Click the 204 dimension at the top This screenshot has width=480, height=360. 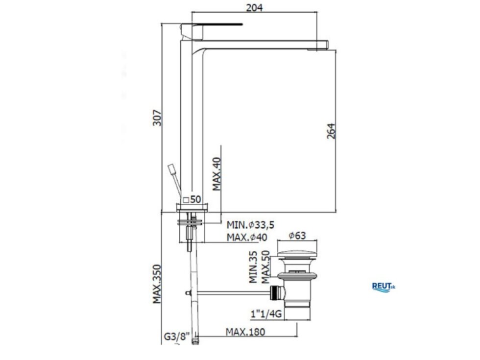click(254, 7)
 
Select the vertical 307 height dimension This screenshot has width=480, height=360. click(157, 118)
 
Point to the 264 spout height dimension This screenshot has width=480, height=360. click(331, 131)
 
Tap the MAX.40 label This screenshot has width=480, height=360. click(216, 174)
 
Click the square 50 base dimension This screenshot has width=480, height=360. click(192, 200)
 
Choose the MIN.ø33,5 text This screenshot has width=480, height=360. click(250, 225)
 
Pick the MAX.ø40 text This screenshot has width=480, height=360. click(247, 237)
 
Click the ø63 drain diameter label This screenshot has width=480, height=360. click(297, 236)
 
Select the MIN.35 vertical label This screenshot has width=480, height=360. click(253, 267)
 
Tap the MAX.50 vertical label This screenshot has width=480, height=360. click(265, 267)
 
